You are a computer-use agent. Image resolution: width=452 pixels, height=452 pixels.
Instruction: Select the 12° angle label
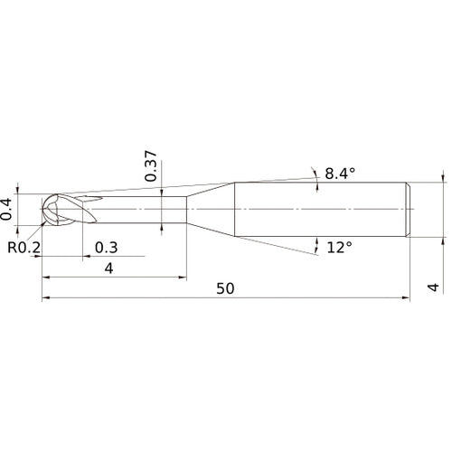click(x=338, y=247)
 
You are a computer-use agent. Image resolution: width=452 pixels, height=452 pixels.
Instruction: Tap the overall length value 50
click(x=225, y=287)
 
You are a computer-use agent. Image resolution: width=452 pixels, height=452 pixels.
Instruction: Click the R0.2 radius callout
click(x=24, y=247)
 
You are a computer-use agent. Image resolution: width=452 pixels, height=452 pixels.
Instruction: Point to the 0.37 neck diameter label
click(x=152, y=166)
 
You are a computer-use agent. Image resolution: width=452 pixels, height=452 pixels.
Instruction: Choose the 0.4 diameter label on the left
click(x=9, y=209)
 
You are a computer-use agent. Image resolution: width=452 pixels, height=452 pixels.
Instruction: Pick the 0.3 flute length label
click(x=106, y=247)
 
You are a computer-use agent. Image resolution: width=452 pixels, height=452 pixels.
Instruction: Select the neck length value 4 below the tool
click(x=108, y=268)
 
